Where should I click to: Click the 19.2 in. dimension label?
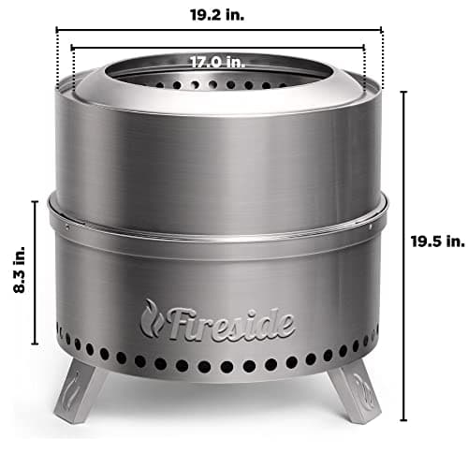point(218,15)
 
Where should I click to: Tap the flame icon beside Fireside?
point(152,317)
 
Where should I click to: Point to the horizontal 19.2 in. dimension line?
point(219,29)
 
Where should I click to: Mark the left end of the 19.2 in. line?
point(57,29)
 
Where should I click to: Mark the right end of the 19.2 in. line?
point(382,29)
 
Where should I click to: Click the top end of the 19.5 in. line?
point(404,92)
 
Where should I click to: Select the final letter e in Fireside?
point(285,325)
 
